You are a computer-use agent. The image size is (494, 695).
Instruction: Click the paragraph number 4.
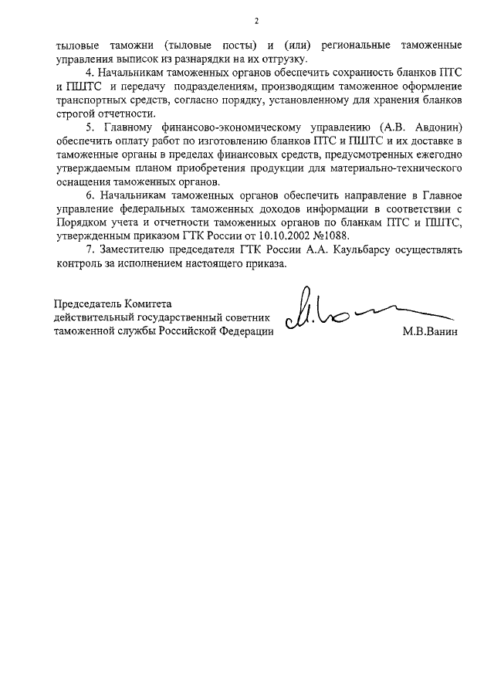click(88, 72)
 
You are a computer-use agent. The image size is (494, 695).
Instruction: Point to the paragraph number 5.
click(90, 127)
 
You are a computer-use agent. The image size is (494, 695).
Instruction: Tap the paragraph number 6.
click(90, 197)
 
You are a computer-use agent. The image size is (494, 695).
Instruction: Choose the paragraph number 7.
click(90, 250)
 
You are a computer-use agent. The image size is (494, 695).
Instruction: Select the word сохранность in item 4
click(357, 72)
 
